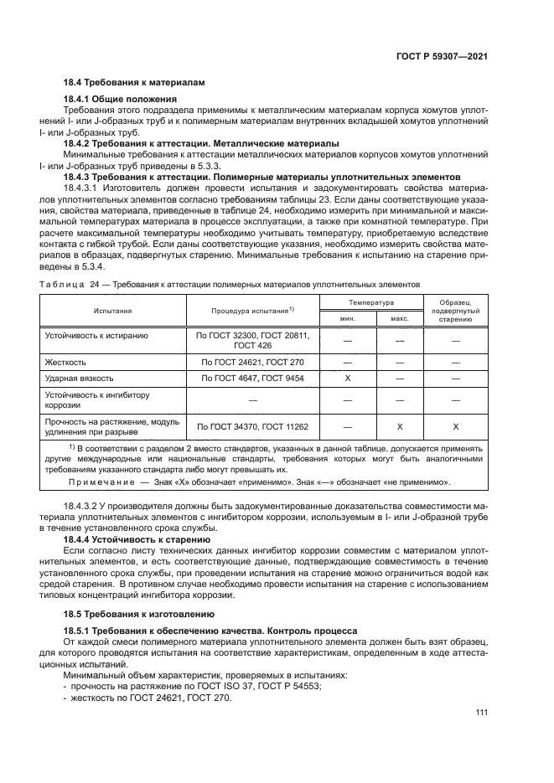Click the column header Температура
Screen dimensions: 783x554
pos(374,301)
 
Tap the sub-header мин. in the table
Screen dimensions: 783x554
pos(347,318)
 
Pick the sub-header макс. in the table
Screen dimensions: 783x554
pos(399,318)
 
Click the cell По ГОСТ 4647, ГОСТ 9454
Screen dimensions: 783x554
pos(252,379)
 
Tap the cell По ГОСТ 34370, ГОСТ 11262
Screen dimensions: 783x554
pos(252,426)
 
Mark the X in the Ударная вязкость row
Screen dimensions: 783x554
pos(347,379)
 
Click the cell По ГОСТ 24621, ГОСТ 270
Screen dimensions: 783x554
pos(252,362)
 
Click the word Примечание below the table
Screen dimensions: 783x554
pos(96,482)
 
